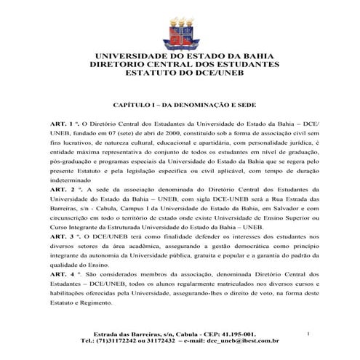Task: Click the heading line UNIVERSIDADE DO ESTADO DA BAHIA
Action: click(x=180, y=56)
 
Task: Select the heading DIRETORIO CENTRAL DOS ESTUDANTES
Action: click(x=180, y=65)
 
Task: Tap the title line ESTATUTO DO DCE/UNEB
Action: click(x=180, y=73)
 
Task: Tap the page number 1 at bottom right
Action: click(x=308, y=333)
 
